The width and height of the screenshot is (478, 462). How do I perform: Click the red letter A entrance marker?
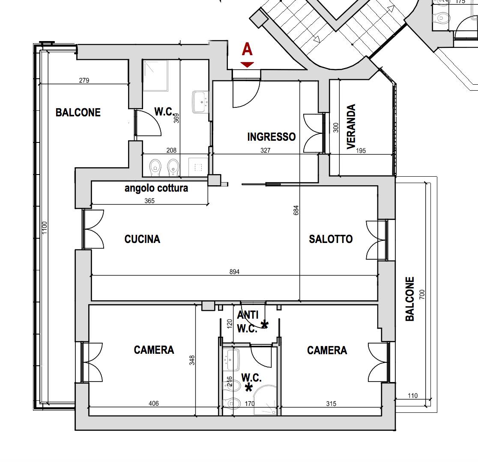point(247,49)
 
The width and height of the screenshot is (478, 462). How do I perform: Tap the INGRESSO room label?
point(271,137)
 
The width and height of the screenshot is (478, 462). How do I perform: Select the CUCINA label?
point(142,239)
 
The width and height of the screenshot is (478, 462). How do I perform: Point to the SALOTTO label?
point(331,239)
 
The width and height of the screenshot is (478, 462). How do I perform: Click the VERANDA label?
point(351,126)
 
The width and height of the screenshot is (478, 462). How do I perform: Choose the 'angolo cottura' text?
point(156,188)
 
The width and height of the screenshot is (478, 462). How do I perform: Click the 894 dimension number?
point(234,272)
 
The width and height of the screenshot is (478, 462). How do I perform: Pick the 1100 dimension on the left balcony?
point(45,228)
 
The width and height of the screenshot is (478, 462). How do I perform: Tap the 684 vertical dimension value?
point(296,210)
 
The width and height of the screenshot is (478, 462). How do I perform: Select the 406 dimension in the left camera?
point(154,403)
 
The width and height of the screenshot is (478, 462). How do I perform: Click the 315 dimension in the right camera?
point(331,404)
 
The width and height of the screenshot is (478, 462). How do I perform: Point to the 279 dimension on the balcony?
point(84,80)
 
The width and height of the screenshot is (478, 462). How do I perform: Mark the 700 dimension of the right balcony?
point(422,294)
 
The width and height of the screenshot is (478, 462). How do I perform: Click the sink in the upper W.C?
point(200,102)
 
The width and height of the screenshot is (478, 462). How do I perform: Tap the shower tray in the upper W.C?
point(155,76)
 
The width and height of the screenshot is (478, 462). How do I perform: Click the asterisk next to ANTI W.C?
point(264,325)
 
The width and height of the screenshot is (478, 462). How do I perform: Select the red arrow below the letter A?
point(247,65)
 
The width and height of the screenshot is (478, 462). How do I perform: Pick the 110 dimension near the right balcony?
point(413,396)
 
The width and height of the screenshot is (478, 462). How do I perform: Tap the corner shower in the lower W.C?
point(265,400)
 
